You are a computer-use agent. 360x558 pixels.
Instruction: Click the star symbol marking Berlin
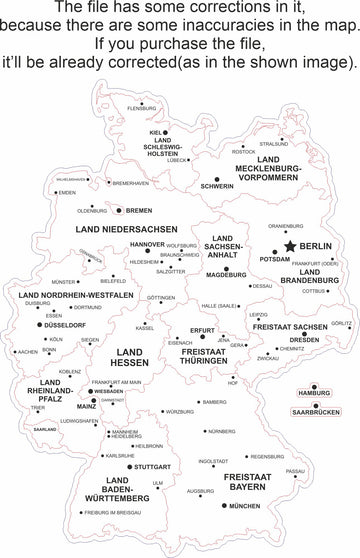290,245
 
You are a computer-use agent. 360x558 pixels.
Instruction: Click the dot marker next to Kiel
167,130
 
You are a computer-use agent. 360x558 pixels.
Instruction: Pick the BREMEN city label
138,210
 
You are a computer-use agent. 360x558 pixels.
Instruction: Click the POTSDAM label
274,259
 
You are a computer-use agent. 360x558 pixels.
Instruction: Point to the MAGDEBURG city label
225,274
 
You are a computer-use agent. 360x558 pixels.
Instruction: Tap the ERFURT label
203,329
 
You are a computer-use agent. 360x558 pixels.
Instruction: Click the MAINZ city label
86,407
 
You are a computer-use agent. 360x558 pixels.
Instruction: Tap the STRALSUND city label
273,144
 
